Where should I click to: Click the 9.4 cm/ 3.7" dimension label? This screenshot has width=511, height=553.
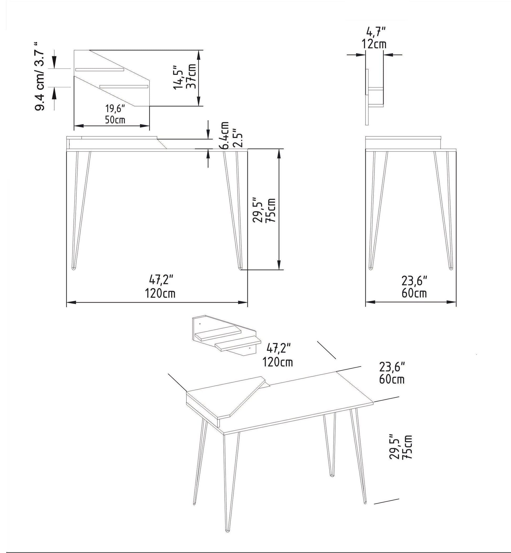click(40, 77)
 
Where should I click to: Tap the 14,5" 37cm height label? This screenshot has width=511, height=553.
click(184, 77)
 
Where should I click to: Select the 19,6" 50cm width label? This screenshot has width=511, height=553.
click(115, 114)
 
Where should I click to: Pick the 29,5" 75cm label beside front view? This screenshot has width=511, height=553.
click(264, 210)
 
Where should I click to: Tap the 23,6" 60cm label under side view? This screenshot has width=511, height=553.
click(414, 287)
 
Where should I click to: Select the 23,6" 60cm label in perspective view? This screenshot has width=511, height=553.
click(392, 373)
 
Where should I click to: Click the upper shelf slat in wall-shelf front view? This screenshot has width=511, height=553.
click(100, 69)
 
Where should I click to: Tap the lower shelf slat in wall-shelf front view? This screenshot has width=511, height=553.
click(124, 87)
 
